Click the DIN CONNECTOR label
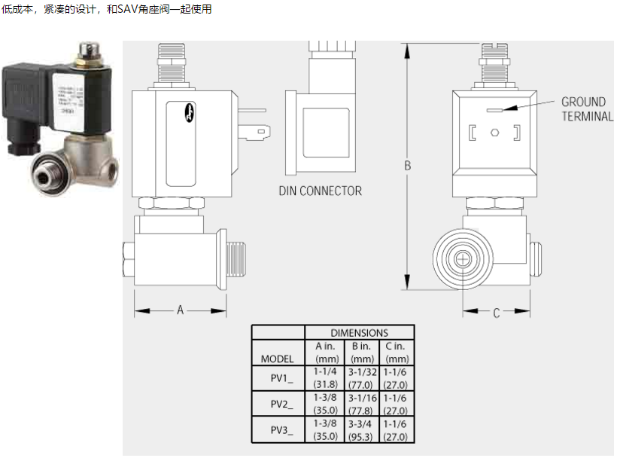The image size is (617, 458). pyautogui.click(x=320, y=191)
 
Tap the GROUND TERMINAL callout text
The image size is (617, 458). pyautogui.click(x=585, y=109)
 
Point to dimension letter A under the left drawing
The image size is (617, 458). pyautogui.click(x=181, y=310)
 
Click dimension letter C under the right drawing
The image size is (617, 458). pyautogui.click(x=497, y=313)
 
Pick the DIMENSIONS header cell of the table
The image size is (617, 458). pyautogui.click(x=359, y=332)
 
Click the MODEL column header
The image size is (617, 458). pyautogui.click(x=277, y=359)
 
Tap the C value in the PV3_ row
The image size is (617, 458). pyautogui.click(x=397, y=429)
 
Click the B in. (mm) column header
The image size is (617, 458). pyautogui.click(x=362, y=352)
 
